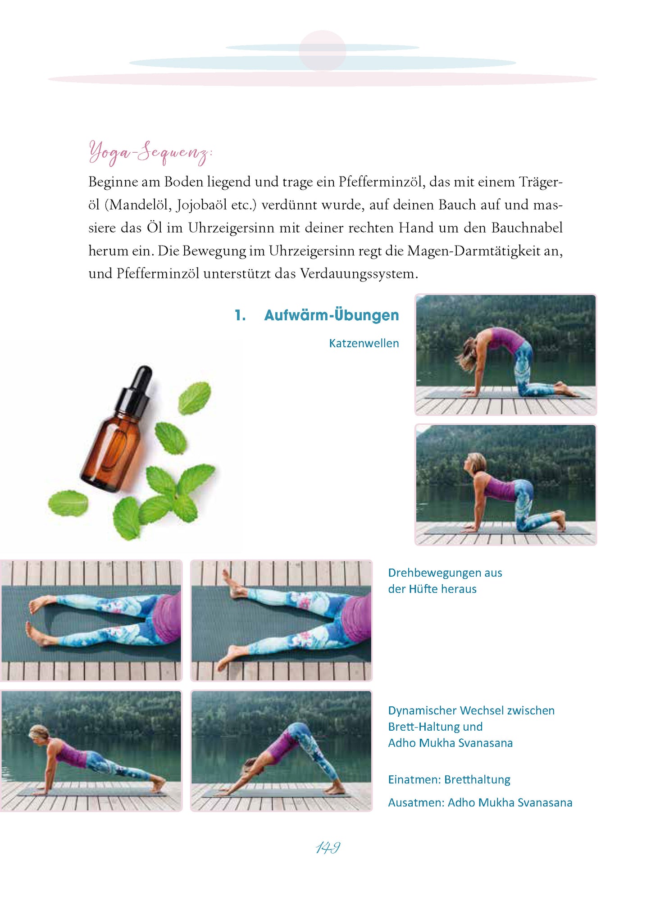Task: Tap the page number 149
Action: coord(328,847)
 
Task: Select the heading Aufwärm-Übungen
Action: coord(332,315)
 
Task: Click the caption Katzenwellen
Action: coord(364,343)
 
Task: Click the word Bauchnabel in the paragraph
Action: coord(527,227)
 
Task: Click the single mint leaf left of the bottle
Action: coord(68,503)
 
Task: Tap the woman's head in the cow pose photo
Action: coord(474,464)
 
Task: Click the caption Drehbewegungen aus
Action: coord(445,573)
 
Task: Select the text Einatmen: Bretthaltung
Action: coord(449,780)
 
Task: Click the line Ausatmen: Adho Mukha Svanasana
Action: coord(480,803)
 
